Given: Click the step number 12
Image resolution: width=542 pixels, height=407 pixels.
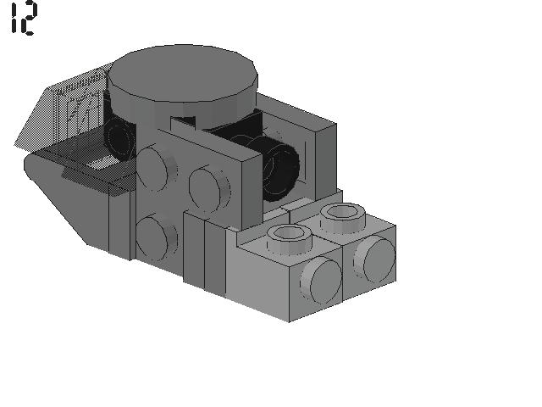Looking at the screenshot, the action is tap(23, 19).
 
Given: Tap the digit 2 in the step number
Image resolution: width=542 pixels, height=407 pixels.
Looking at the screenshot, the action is tap(29, 19).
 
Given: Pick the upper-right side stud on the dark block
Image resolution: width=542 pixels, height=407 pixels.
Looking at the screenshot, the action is tap(210, 188).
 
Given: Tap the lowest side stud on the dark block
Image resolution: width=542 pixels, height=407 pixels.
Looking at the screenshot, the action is tap(157, 237).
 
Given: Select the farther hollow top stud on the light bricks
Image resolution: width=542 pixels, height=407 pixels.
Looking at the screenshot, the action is tap(342, 217).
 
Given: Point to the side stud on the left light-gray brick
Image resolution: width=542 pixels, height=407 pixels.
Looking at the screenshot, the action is tap(321, 281).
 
